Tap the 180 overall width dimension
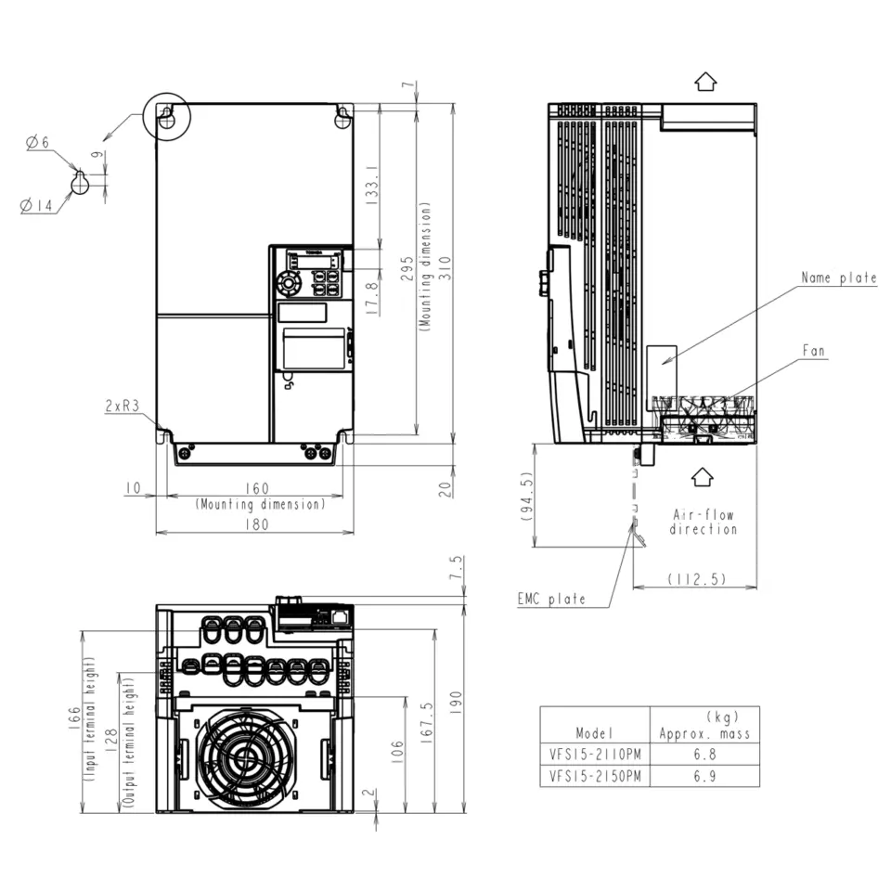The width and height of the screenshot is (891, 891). point(256,523)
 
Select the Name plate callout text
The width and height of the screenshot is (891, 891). point(839,278)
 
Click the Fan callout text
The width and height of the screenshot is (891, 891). point(813,351)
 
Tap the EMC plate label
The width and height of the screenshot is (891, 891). point(551,599)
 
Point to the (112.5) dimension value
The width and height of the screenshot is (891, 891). point(696,579)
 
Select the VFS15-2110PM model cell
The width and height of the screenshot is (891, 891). point(595,755)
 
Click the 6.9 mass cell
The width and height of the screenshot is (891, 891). point(704,776)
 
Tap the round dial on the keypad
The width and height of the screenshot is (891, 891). point(289,282)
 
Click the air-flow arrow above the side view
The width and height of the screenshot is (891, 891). point(705,82)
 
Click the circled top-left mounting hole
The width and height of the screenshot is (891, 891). point(167,117)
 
